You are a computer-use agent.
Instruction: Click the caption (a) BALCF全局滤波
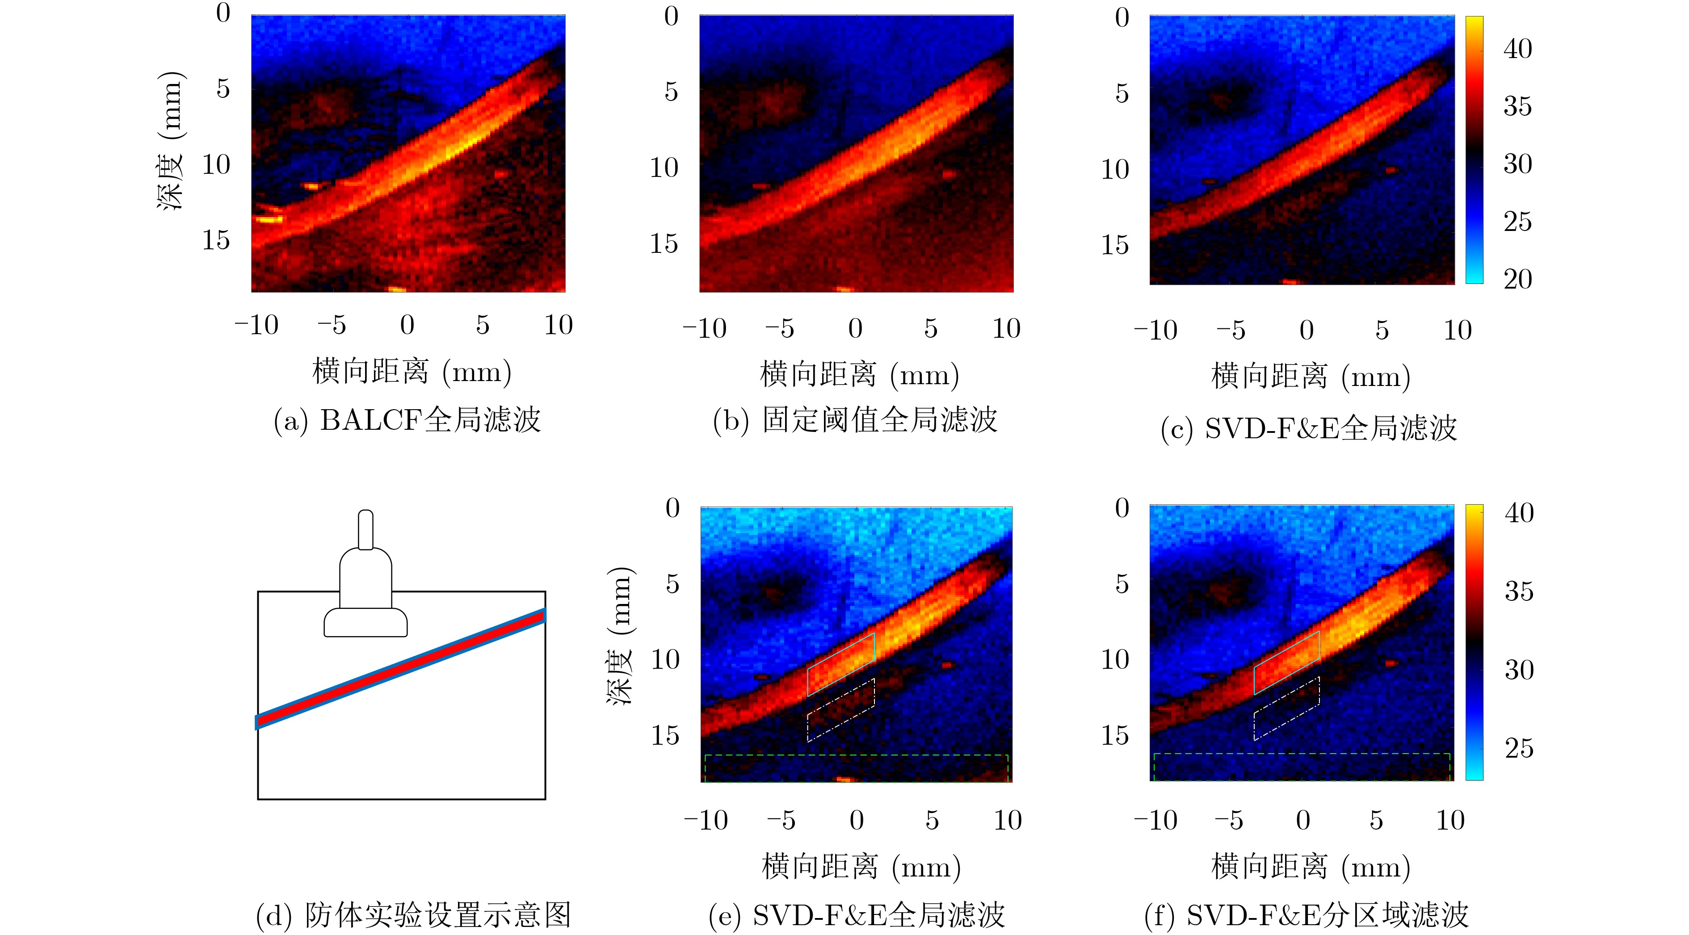407,419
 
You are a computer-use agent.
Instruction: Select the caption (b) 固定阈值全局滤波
855,419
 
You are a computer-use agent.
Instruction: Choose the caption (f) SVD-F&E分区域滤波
1306,915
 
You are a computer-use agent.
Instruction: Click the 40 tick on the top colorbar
1517,49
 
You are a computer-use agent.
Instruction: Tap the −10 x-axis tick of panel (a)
256,325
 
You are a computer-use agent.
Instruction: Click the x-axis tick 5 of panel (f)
1376,820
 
